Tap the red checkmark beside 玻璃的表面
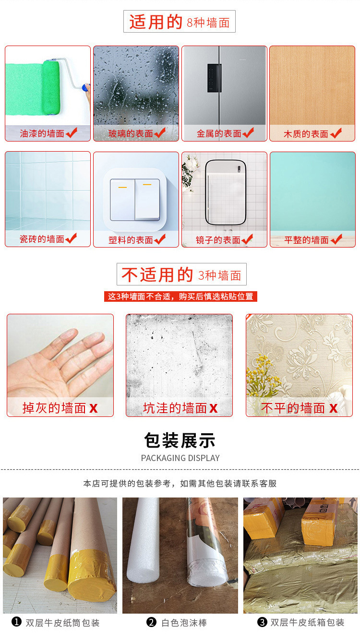(x=160, y=133)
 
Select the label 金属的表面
(x=219, y=134)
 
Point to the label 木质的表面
(x=306, y=134)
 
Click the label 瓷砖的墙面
(x=42, y=239)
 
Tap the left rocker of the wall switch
(x=122, y=199)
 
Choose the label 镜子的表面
(x=218, y=240)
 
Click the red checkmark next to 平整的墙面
(x=336, y=239)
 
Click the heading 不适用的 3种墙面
(x=181, y=275)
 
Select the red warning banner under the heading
(x=180, y=296)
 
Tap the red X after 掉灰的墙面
(x=93, y=408)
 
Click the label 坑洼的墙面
(x=174, y=408)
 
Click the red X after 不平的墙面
(x=333, y=408)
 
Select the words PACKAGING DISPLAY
(x=180, y=458)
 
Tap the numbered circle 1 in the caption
(x=17, y=622)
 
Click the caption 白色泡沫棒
(x=184, y=623)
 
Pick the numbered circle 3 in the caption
(x=262, y=622)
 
